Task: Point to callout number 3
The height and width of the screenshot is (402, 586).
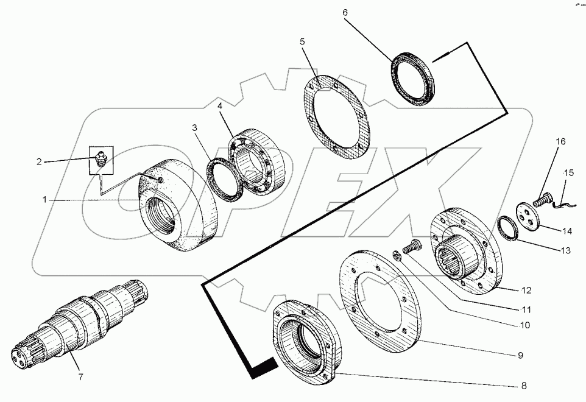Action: (194, 128)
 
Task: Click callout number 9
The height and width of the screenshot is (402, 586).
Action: (520, 354)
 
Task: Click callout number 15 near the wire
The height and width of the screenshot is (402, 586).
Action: (568, 173)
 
